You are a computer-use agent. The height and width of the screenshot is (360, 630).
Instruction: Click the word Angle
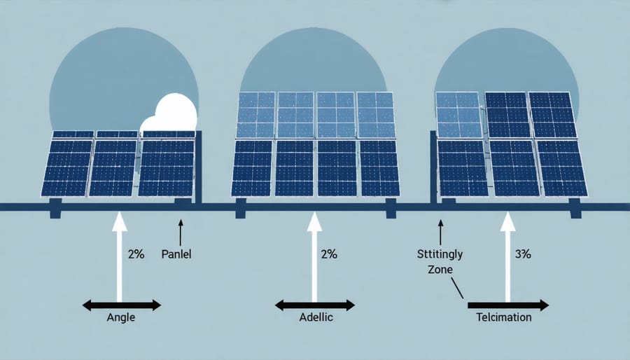point(120,317)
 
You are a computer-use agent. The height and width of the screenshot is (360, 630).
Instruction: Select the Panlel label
point(176,254)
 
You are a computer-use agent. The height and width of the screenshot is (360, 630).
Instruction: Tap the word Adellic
point(316,317)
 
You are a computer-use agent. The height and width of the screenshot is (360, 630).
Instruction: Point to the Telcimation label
point(504,317)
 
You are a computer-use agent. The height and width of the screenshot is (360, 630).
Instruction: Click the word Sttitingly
point(440,254)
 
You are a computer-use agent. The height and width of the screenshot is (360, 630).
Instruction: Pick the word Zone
point(440,269)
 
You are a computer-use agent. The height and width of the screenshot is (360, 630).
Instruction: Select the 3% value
point(523,254)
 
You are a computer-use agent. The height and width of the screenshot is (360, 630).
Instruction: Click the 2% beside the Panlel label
point(136,254)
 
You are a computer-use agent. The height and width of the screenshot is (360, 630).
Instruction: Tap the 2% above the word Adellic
point(329,254)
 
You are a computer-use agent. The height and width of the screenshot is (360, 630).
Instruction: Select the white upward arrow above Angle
point(119,257)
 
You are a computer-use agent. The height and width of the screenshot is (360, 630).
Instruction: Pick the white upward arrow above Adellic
point(314,257)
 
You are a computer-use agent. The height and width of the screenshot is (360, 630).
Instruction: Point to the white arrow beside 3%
point(507,257)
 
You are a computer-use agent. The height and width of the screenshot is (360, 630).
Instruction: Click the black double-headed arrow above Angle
point(122,305)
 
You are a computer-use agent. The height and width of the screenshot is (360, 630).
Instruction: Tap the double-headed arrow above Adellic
point(314,305)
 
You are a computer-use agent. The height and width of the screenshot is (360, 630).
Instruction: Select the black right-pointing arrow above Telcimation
point(508,305)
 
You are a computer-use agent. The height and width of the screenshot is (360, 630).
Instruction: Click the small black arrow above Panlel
point(181,233)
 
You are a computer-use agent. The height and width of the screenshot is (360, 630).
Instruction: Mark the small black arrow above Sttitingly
point(440,233)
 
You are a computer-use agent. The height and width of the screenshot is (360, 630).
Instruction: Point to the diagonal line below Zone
point(457,288)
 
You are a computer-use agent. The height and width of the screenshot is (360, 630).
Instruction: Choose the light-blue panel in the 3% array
point(458,114)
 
